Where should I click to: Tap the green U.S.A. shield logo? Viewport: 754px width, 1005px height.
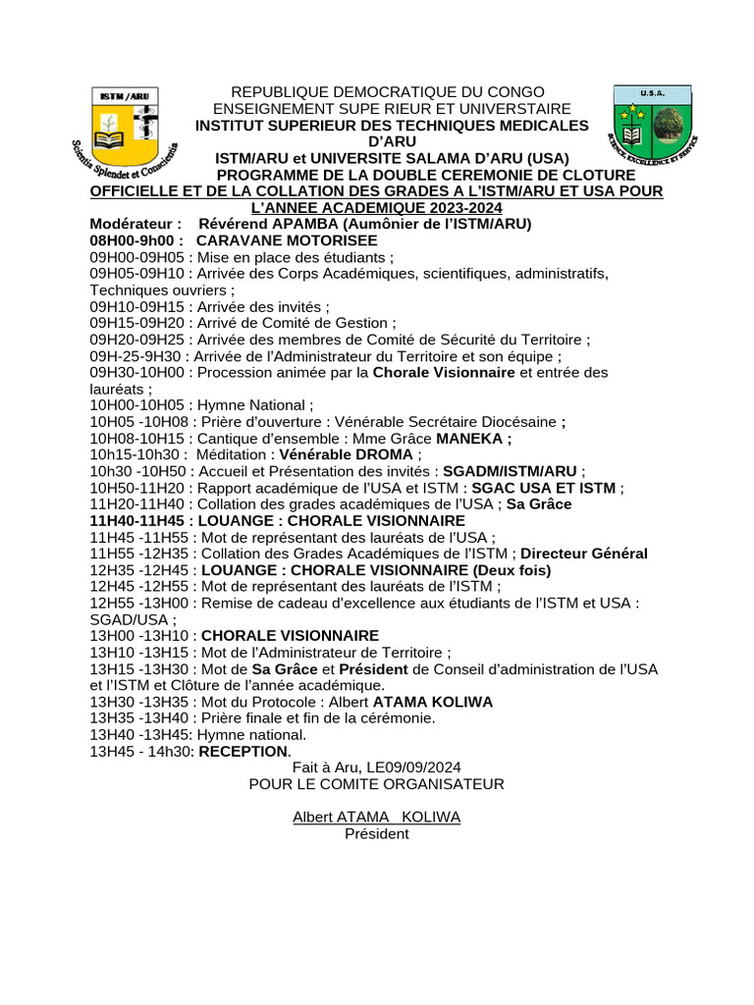[x=652, y=123]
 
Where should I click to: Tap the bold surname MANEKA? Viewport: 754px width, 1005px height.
[x=472, y=439]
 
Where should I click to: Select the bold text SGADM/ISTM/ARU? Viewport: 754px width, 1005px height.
[x=511, y=472]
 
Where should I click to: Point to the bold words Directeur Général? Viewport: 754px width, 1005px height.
[x=584, y=555]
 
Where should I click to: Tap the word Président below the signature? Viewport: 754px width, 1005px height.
[x=376, y=834]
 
